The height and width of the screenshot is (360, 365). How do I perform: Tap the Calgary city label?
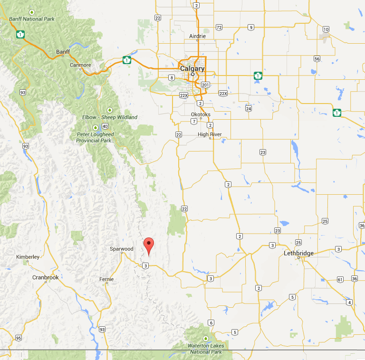tap(192, 68)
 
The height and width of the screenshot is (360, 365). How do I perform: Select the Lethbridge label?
tap(298, 253)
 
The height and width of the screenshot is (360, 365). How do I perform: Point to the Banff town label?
tap(63, 52)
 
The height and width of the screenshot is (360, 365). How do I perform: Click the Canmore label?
tap(80, 65)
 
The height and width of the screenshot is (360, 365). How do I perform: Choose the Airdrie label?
tap(197, 36)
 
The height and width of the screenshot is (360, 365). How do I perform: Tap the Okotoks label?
tap(200, 114)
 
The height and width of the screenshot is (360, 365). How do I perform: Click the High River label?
tap(210, 134)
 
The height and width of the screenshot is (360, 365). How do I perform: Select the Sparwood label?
tap(122, 249)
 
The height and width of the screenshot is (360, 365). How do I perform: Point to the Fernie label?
tap(106, 279)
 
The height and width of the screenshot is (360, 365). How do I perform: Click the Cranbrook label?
tap(46, 277)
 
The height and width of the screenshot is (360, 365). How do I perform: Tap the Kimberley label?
tap(28, 257)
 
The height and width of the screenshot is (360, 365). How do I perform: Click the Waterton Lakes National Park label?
tap(206, 349)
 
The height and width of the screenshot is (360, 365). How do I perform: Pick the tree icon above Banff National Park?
tap(32, 12)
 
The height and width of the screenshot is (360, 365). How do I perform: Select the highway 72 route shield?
tap(219, 27)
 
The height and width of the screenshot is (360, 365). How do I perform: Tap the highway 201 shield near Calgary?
tap(205, 85)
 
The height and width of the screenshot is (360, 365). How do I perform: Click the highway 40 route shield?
tap(105, 126)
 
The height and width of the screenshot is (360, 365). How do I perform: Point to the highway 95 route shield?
tap(18, 338)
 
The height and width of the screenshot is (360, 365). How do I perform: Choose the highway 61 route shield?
tap(340, 279)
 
